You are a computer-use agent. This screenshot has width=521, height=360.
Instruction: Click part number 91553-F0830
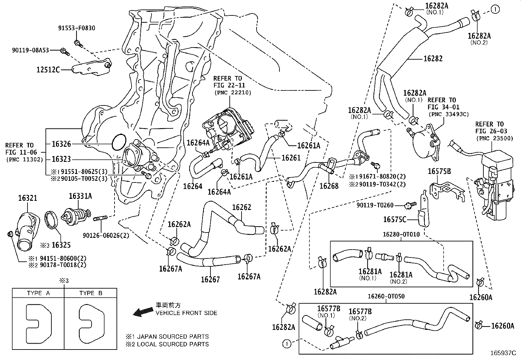click(x=76, y=28)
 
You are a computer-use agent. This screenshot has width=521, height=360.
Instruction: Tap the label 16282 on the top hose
click(x=433, y=59)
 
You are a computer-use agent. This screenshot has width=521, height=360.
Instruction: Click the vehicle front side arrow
click(x=143, y=312)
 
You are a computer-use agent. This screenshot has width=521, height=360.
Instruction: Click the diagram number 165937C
click(x=503, y=353)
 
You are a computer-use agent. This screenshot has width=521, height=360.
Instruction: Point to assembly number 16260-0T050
click(x=386, y=296)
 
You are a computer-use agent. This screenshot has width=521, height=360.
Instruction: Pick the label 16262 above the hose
click(x=242, y=207)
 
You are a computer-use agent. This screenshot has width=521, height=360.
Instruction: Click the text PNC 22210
click(x=233, y=93)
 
